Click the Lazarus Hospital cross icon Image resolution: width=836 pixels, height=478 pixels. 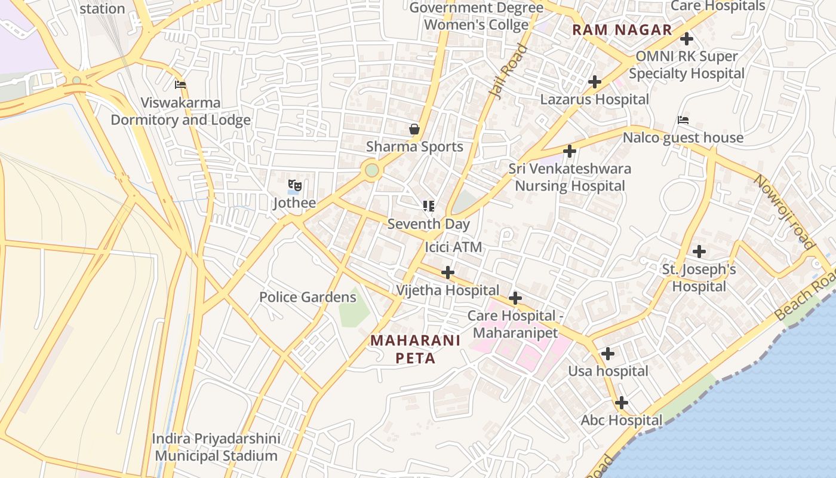click(x=594, y=81)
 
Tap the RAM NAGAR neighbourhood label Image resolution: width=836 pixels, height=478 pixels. click(x=622, y=30)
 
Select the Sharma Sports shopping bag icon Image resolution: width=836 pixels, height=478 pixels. click(x=414, y=129)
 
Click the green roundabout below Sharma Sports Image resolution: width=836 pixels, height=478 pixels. click(x=372, y=170)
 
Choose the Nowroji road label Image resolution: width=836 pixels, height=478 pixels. click(x=784, y=212)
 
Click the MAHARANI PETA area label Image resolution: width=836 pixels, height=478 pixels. click(x=415, y=349)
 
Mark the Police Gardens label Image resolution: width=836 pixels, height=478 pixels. click(x=308, y=297)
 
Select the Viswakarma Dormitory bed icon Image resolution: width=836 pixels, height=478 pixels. click(x=180, y=85)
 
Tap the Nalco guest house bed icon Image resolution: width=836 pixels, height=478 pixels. click(x=683, y=120)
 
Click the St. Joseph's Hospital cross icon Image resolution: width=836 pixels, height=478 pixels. click(x=699, y=252)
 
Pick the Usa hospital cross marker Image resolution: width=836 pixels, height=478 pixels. click(x=607, y=354)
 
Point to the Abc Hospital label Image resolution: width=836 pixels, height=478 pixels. click(x=622, y=420)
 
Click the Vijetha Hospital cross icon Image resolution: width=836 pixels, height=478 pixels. click(x=447, y=272)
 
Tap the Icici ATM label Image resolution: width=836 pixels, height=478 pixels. click(x=453, y=247)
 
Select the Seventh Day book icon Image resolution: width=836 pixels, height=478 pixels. click(x=428, y=206)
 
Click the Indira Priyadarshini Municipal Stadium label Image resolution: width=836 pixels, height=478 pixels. click(x=216, y=447)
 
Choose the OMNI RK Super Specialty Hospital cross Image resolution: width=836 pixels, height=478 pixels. click(x=687, y=39)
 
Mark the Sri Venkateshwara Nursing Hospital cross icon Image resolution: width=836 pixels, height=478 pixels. click(x=570, y=151)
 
